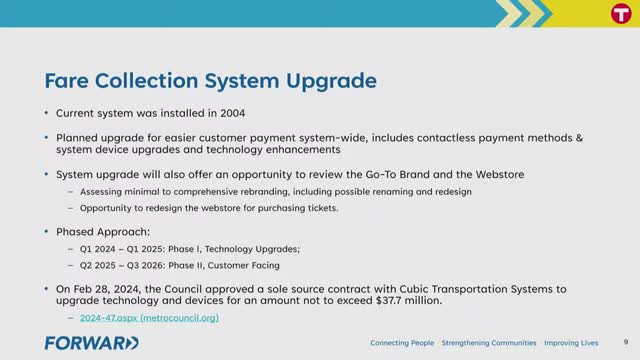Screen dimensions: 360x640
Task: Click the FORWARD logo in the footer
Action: (x=91, y=343)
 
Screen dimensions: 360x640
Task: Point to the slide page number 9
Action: (x=625, y=343)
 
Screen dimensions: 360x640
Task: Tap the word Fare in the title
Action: (x=66, y=79)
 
